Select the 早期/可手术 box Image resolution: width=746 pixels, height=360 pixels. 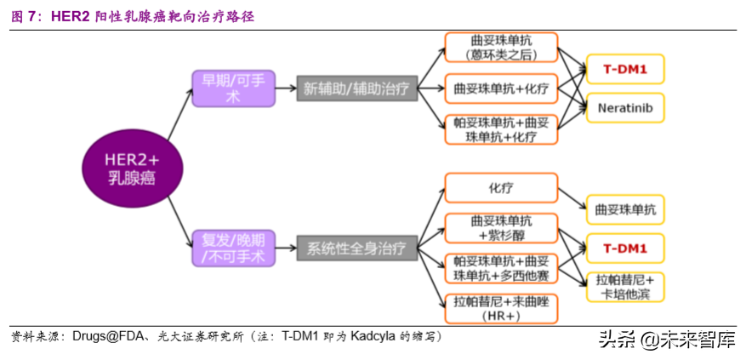pos(232,89)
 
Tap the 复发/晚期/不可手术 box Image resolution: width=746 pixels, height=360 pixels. pos(232,247)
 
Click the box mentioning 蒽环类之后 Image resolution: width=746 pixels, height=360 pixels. pos(501,48)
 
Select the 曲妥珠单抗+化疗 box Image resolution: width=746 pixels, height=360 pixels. pos(501,89)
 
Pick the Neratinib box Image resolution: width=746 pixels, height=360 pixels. pos(624,108)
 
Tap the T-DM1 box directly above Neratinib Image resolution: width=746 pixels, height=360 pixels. pos(624,70)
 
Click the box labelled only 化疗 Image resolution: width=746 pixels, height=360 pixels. pos(501,187)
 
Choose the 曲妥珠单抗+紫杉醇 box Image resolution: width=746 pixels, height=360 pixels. pos(501,228)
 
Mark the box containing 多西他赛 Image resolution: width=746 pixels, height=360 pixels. pos(501,268)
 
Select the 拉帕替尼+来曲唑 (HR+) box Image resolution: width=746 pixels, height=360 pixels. pos(501,308)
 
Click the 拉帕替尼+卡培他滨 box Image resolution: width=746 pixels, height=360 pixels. pos(624,288)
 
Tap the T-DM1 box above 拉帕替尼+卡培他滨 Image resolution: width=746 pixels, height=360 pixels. pos(624,249)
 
